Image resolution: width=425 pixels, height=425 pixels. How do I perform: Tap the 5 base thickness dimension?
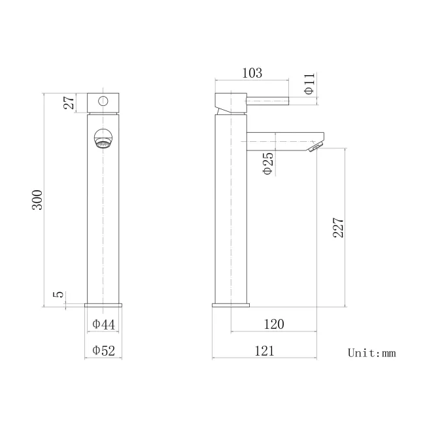59,295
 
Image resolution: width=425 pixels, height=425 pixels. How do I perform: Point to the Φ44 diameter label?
103,324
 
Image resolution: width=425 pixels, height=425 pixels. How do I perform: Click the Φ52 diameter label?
103,351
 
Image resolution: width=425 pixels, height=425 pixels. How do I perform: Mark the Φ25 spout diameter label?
267,163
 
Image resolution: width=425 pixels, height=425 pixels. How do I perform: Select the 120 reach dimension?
274,324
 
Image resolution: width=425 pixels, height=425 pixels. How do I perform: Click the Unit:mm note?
371,353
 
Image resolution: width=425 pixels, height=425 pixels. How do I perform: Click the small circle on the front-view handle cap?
103,101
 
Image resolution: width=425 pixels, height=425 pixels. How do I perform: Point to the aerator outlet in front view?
103,140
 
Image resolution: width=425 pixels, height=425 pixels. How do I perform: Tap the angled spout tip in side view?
316,146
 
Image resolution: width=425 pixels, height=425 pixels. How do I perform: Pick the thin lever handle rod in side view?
268,100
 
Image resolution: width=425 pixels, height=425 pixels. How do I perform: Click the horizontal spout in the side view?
281,138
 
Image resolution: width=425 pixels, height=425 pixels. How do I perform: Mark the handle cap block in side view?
230,102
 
